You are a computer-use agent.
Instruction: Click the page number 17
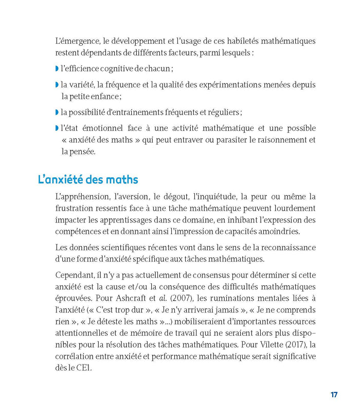pos(334,395)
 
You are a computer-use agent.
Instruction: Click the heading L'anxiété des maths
pos(88,180)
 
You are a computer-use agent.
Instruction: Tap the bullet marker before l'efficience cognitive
pos(57,68)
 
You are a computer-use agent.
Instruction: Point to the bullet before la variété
pos(57,84)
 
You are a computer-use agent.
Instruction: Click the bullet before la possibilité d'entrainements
pos(57,112)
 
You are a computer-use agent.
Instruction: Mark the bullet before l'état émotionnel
pos(57,128)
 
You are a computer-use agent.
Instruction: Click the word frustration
pos(75,208)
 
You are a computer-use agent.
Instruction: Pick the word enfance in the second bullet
pos(105,96)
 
